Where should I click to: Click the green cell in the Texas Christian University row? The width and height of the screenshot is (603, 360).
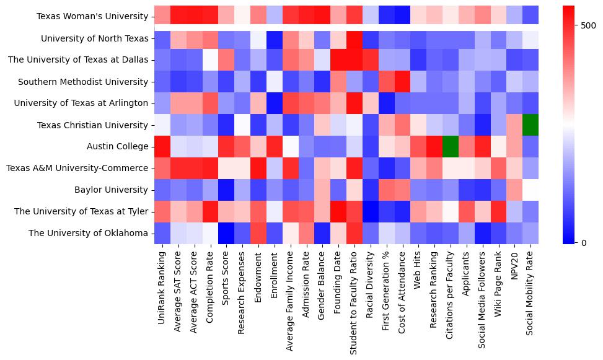pos(530,125)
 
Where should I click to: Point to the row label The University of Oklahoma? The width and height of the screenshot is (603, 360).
pos(89,234)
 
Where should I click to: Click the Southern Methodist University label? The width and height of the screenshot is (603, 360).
pos(83,82)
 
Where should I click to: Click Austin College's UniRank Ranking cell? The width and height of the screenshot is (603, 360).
pos(162,147)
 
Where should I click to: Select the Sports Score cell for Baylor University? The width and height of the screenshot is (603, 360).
pos(227,190)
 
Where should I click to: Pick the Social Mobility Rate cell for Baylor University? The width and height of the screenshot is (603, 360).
pos(530,190)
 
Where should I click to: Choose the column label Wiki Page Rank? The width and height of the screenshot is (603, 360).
pos(498,284)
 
